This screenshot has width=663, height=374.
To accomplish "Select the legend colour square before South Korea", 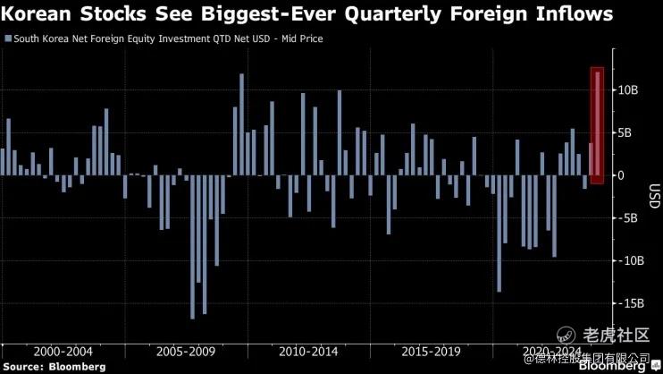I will pos(8,39).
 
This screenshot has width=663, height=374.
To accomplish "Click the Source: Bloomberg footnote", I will pos(54,367).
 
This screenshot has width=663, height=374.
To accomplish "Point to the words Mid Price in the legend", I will pos(301,39).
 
